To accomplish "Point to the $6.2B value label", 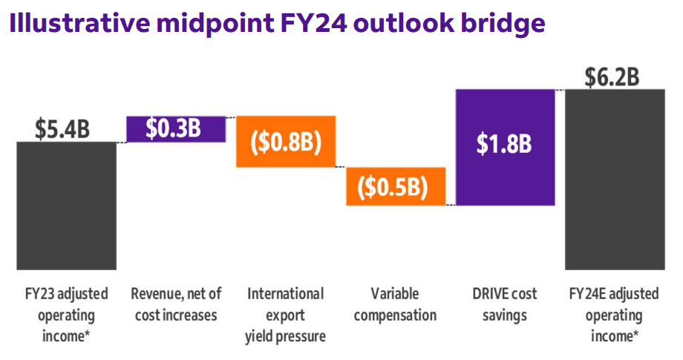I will click(x=612, y=76).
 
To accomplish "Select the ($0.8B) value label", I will click(x=286, y=142).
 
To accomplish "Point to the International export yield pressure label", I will click(x=285, y=315).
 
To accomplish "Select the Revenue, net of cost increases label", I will click(x=177, y=304).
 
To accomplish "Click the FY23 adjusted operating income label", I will click(x=67, y=315).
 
